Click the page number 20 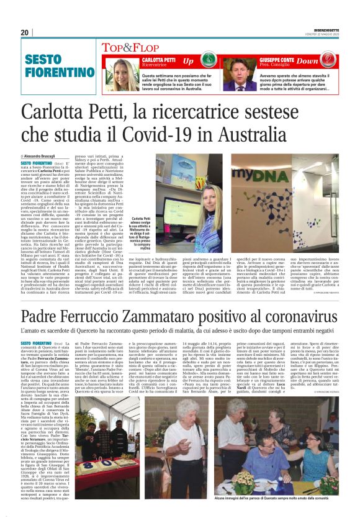pos(25,32)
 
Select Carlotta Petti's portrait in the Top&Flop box pos(126,75)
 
